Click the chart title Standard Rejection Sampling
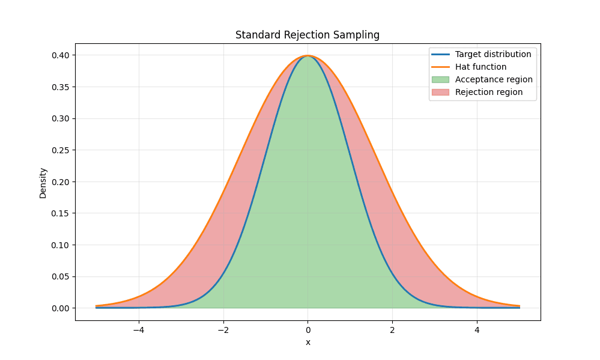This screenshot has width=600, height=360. [x=308, y=35]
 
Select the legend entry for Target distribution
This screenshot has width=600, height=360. [x=492, y=54]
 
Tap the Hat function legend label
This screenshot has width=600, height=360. [x=480, y=67]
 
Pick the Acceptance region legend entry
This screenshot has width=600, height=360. [x=494, y=79]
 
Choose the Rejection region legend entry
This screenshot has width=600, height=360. [x=488, y=92]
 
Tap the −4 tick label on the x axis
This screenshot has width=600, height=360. [x=138, y=330]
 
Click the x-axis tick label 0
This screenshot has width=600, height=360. [x=308, y=330]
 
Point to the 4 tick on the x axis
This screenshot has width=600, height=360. [x=477, y=330]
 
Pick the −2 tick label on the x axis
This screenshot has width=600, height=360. [x=223, y=330]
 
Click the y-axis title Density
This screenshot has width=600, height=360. [x=43, y=183]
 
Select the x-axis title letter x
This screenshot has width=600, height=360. [x=308, y=343]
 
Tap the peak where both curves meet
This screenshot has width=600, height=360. [x=308, y=56]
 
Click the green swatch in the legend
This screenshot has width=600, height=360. [x=440, y=79]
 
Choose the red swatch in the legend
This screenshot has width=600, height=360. [x=440, y=92]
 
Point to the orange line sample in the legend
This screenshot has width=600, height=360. [x=440, y=67]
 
